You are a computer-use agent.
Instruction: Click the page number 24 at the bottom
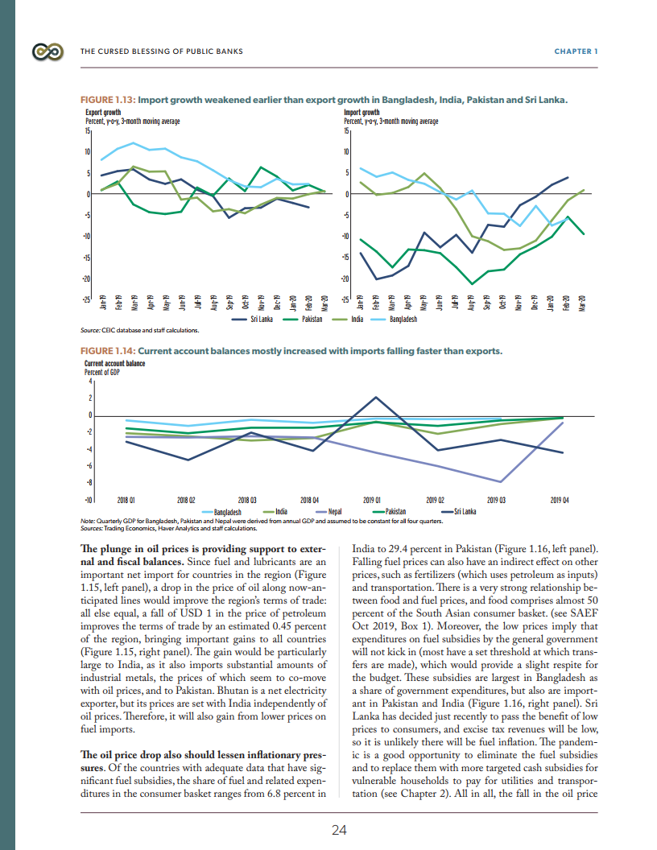(339, 831)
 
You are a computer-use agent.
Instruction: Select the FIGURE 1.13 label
(108, 100)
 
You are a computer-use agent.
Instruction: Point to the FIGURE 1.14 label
(108, 351)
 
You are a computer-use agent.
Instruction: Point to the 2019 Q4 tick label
(560, 500)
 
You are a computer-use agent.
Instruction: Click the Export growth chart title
(103, 113)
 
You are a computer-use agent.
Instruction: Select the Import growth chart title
(362, 113)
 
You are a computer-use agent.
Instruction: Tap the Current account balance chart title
(114, 364)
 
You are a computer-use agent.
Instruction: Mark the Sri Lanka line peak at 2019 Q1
(376, 397)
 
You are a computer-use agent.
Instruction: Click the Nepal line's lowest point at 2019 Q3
(501, 482)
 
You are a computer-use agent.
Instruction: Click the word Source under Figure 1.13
(90, 330)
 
